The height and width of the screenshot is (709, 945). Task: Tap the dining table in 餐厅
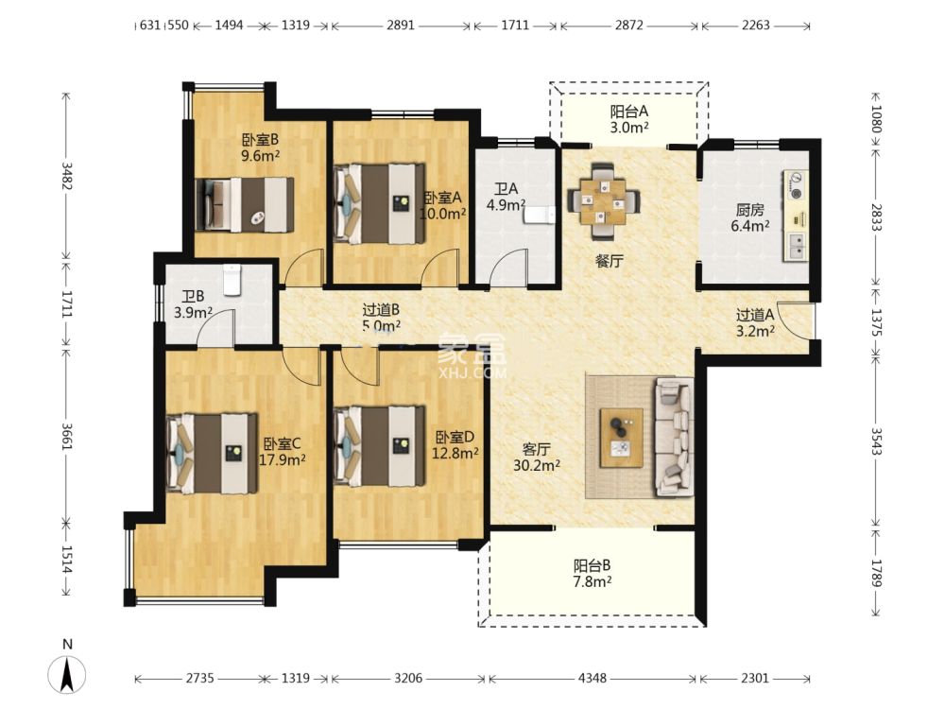(603, 200)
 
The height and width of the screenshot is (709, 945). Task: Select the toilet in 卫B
(232, 280)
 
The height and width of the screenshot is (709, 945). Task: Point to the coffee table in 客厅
(621, 438)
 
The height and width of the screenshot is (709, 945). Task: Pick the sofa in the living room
(674, 437)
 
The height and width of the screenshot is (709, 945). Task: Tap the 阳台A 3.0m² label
(628, 119)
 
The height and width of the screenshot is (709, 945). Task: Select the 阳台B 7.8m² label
(592, 574)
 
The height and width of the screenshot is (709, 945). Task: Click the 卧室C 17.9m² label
(282, 452)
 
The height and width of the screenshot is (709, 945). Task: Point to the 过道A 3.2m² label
(754, 322)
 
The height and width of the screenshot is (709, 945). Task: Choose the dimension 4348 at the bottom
(592, 678)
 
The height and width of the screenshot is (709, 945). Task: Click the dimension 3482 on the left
(67, 176)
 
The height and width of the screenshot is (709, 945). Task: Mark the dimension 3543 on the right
(876, 441)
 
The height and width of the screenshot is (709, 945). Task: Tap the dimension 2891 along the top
(401, 26)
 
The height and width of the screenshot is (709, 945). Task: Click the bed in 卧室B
(245, 205)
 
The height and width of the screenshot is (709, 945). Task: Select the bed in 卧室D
(379, 446)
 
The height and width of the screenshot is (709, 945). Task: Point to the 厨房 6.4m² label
(749, 217)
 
